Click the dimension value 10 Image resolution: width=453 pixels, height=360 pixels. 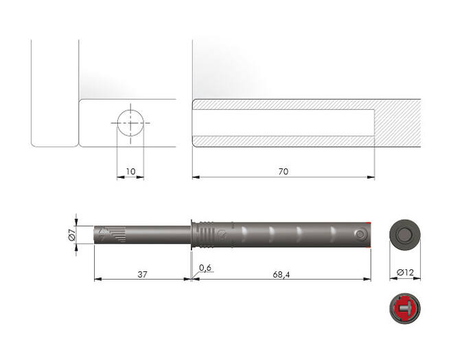[130, 172]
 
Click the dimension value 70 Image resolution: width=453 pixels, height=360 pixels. [283, 172]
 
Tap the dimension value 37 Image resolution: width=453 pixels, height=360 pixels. [142, 274]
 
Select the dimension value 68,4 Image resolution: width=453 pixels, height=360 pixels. [281, 274]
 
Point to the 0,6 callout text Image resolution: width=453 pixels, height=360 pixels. [205, 268]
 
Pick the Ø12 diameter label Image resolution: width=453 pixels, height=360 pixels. [405, 272]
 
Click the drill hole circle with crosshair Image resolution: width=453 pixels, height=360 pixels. [130, 123]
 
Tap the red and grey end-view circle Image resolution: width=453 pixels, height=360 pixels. [405, 308]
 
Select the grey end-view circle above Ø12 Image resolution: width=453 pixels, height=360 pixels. [405, 235]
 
